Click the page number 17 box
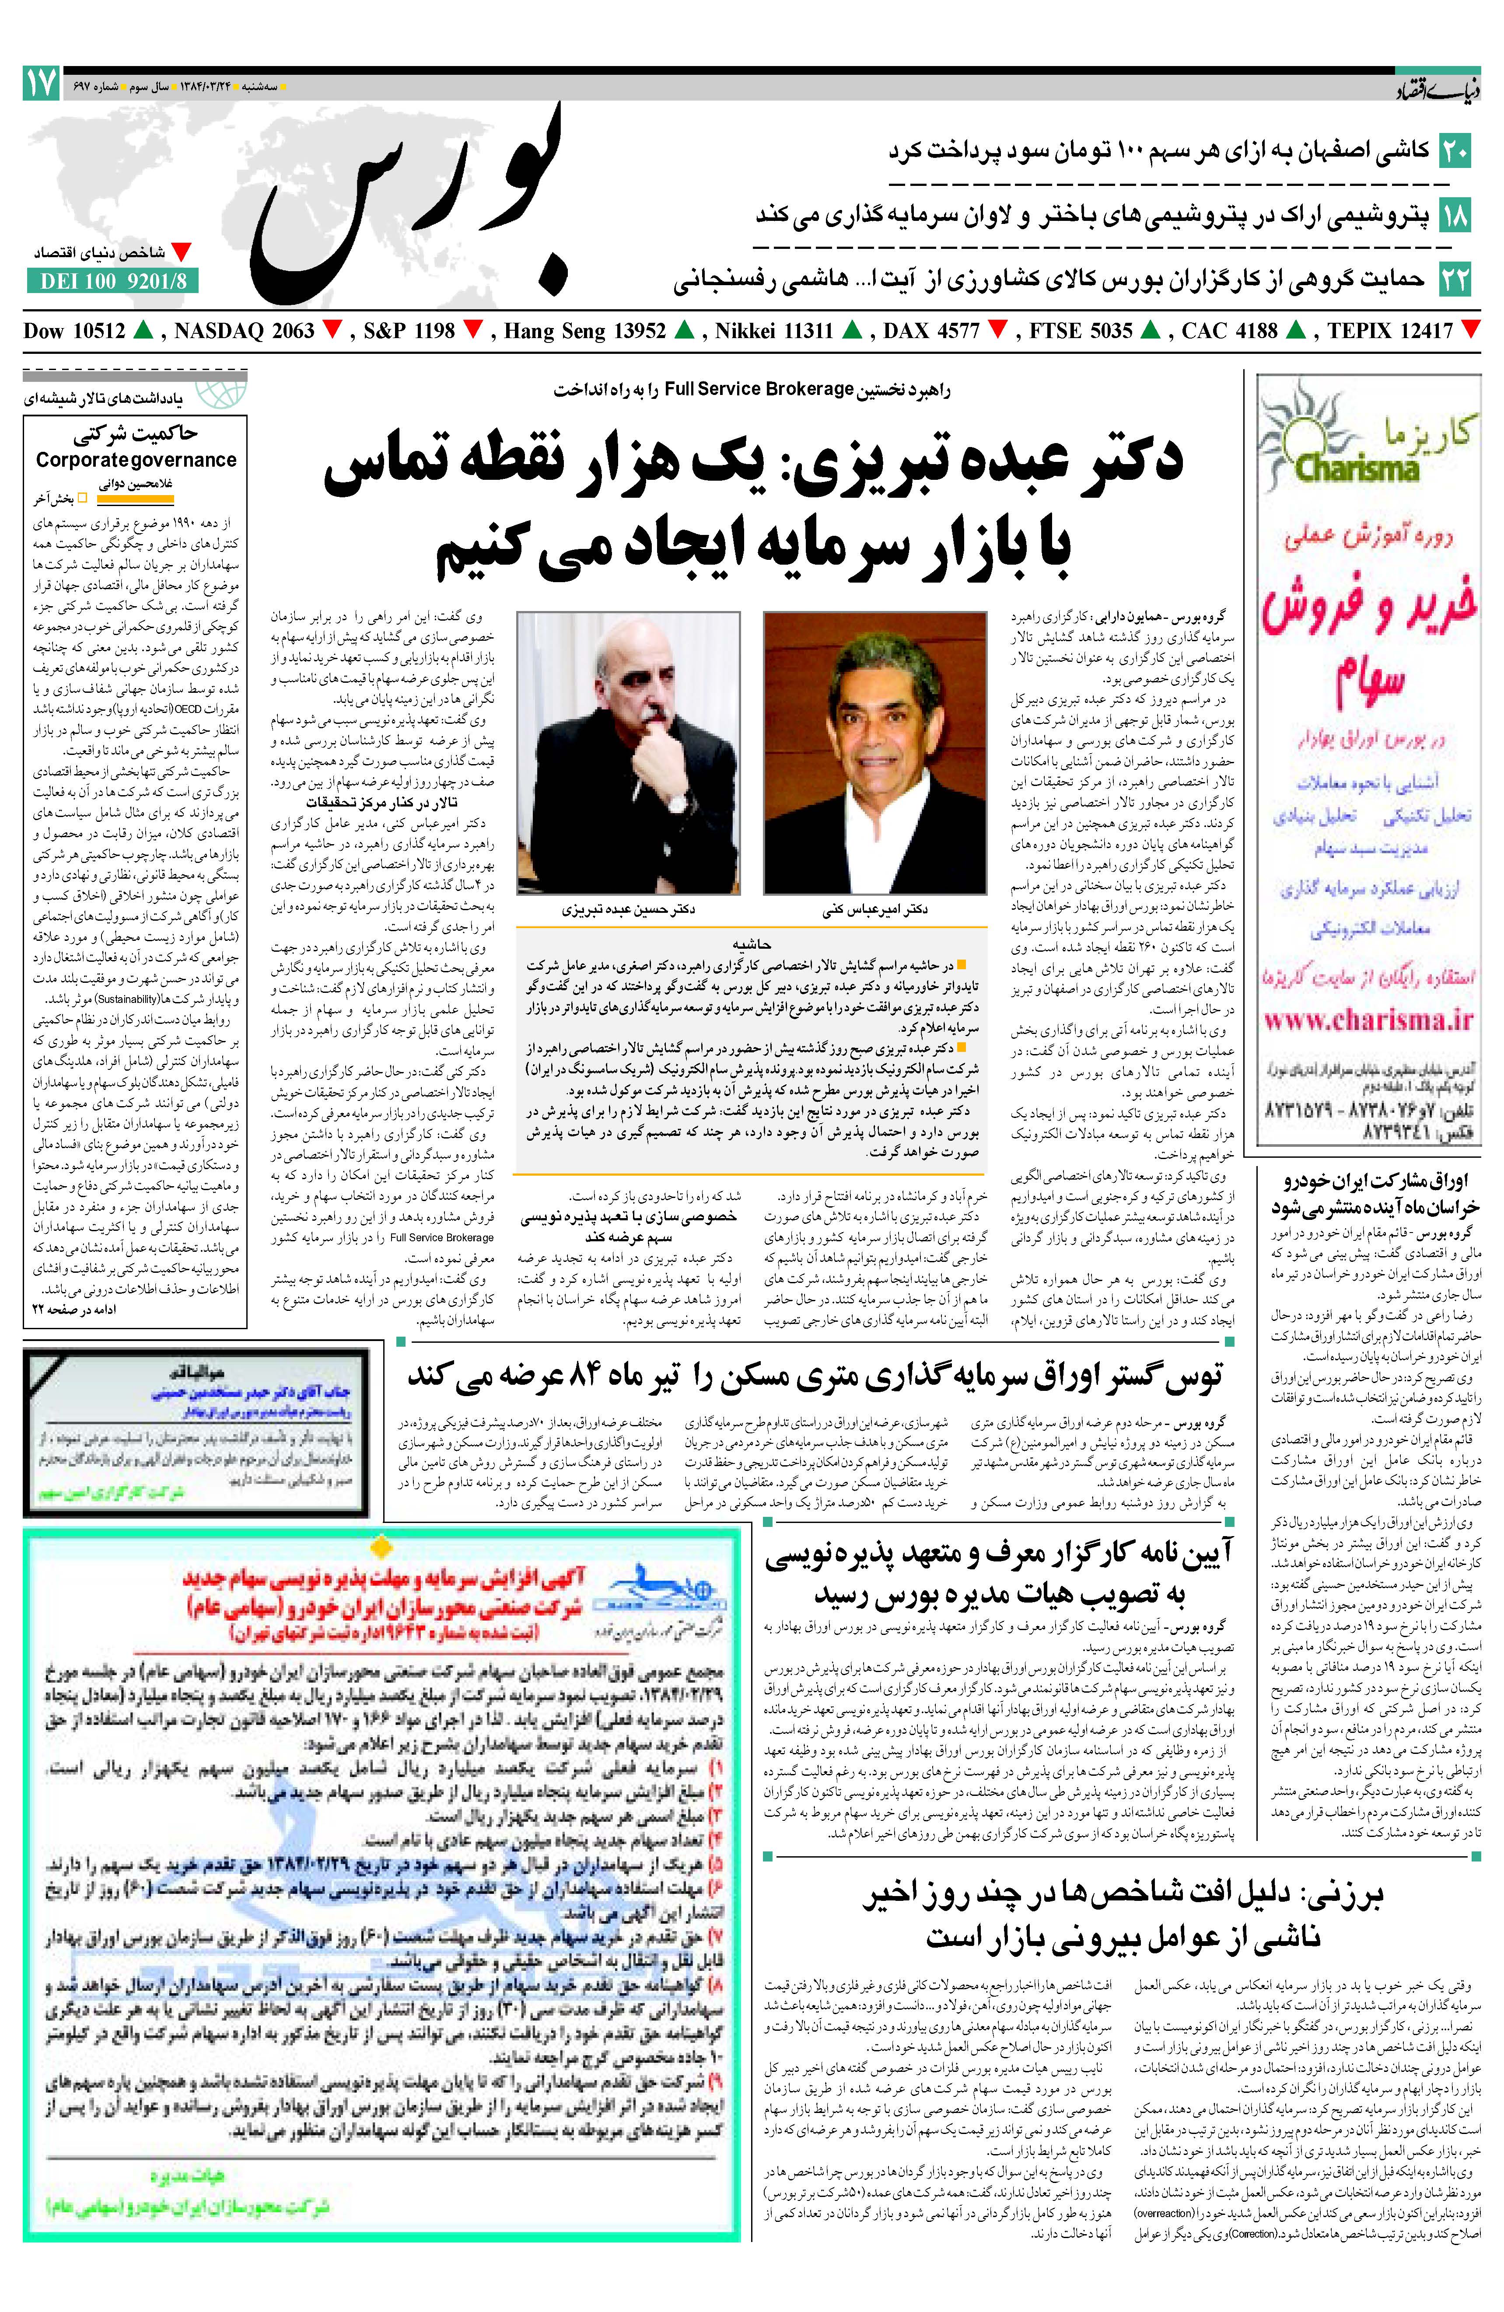click(x=41, y=84)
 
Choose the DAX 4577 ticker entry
click(x=931, y=331)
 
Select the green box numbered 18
click(x=1455, y=215)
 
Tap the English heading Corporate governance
click(x=136, y=461)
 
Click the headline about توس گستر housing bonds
click(x=814, y=1376)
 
